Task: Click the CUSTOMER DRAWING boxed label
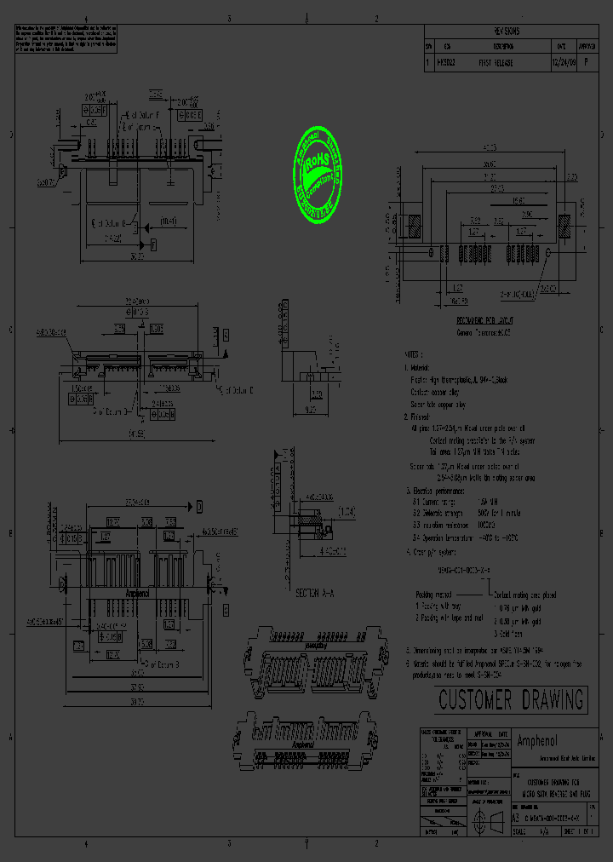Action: click(x=512, y=700)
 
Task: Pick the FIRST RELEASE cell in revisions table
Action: click(x=496, y=63)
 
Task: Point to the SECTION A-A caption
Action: click(x=315, y=593)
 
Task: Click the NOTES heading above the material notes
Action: click(x=414, y=353)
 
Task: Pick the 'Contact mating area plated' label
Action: click(x=526, y=595)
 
